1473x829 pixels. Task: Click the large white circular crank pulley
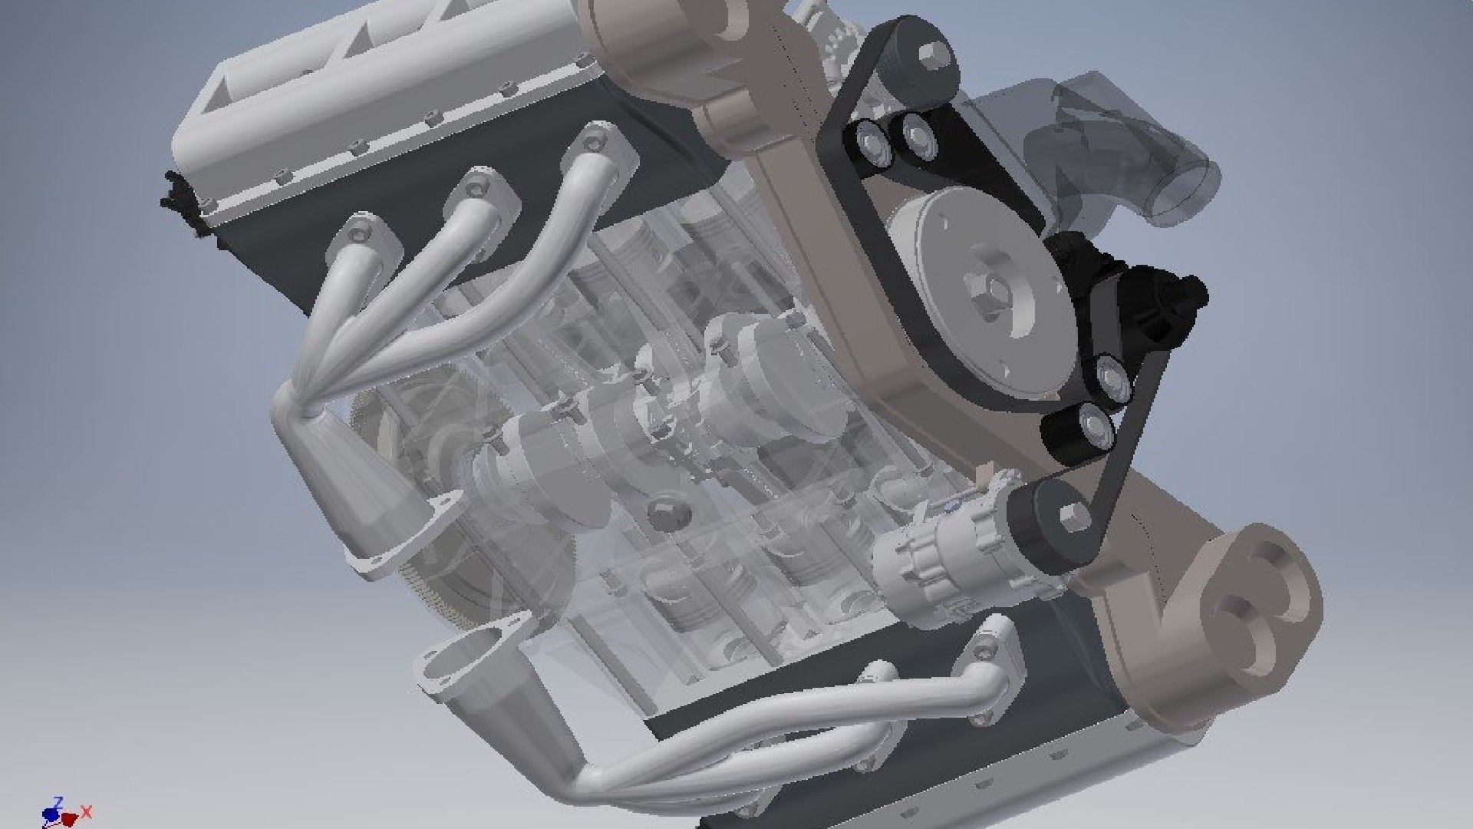click(x=951, y=253)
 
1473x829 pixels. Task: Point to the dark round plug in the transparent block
click(x=664, y=516)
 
